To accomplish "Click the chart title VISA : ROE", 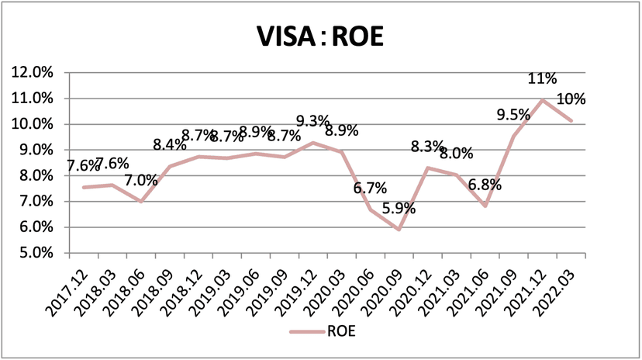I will click(x=321, y=36).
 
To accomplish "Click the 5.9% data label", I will click(x=399, y=209).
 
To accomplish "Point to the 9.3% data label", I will click(x=313, y=122).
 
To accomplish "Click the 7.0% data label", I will click(x=141, y=181).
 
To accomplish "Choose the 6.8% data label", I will click(x=485, y=185).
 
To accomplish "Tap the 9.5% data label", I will click(x=513, y=115).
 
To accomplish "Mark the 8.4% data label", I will click(x=170, y=144).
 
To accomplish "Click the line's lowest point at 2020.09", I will click(x=399, y=229).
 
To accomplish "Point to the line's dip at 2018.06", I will click(x=140, y=201).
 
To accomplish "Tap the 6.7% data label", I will click(x=371, y=189).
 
